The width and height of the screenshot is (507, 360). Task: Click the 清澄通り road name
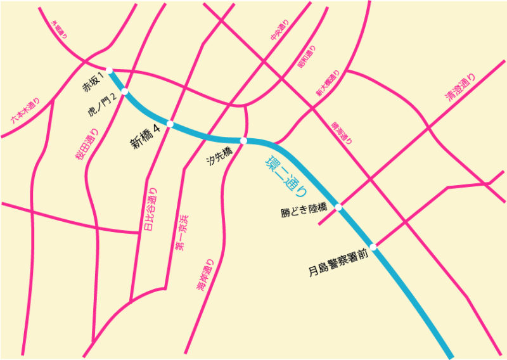[x=459, y=89]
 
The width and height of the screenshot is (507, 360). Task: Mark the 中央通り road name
[x=279, y=30]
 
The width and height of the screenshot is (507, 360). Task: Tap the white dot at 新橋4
[x=170, y=124]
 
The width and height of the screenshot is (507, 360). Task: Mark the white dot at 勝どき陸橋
[x=338, y=207]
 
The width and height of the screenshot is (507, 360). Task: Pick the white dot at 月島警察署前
[x=373, y=247]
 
